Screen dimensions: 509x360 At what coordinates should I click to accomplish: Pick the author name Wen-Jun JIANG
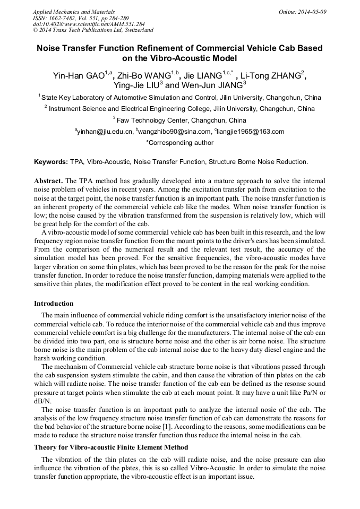coord(211,85)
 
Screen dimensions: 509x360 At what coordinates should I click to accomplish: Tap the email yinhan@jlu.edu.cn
coord(105,132)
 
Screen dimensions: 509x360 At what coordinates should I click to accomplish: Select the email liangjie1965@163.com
coord(251,132)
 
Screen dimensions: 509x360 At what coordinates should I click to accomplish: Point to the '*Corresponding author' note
coord(179,142)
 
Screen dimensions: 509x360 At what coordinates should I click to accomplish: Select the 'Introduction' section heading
coord(54,304)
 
